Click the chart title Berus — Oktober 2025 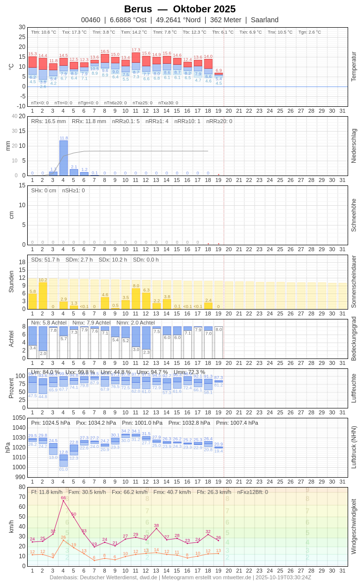[180, 9]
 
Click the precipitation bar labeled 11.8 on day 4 [63, 158]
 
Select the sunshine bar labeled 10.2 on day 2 [43, 296]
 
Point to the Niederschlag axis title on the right [354, 146]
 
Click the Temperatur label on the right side [354, 67]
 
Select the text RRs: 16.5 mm [48, 121]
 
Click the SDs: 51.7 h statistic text [45, 260]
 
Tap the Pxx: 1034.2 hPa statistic [96, 423]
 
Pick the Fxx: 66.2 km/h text [130, 492]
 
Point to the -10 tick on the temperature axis [20, 106]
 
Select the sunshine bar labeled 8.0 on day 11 [136, 299]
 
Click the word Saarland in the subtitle [265, 20]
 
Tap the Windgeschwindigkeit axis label [354, 526]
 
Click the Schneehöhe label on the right [354, 215]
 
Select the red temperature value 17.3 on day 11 [135, 50]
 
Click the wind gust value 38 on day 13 [156, 525]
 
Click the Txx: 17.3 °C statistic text [74, 32]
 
